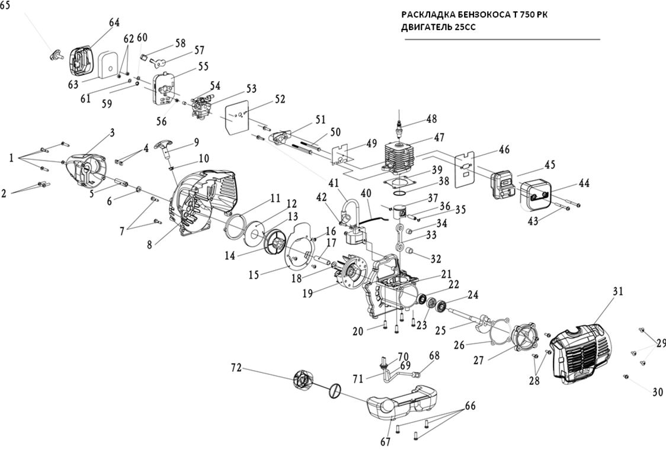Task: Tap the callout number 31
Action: [x=617, y=291]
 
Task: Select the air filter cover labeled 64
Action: [x=84, y=59]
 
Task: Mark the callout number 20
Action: [x=357, y=332]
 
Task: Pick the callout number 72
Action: [x=237, y=368]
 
